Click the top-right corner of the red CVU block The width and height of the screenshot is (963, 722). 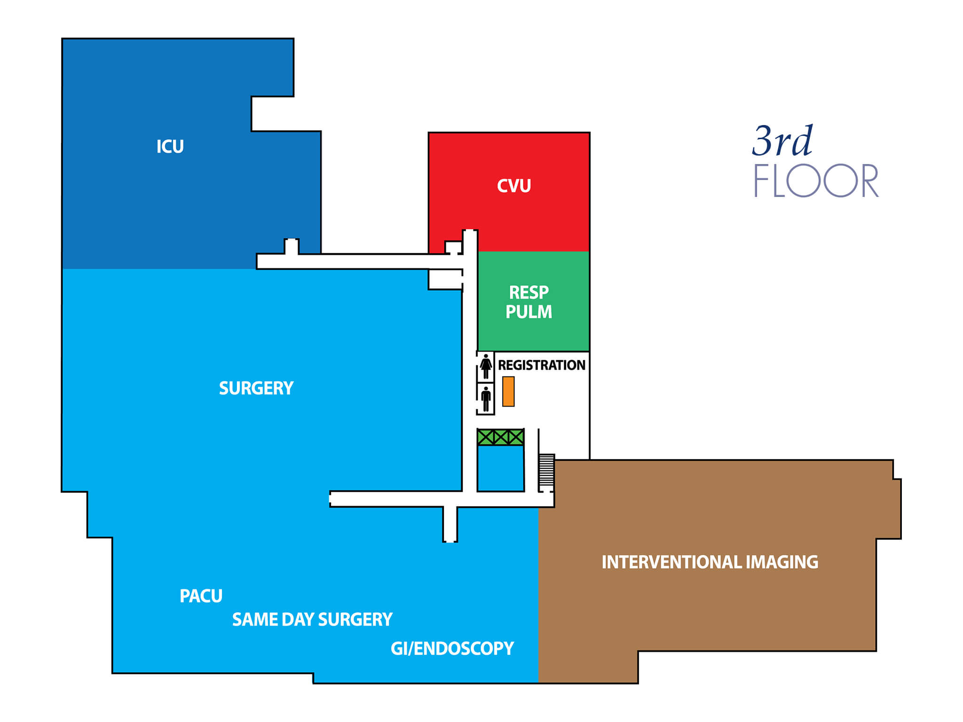point(589,133)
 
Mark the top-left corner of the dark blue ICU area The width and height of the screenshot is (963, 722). point(63,39)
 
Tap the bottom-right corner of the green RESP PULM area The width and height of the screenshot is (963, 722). point(589,351)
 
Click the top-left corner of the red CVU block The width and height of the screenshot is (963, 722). point(429,133)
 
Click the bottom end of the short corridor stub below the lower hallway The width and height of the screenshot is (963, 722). point(450,541)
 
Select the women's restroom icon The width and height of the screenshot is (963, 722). point(486,367)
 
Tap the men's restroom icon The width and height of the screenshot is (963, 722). point(486,399)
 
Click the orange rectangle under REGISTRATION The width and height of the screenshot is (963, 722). point(508,391)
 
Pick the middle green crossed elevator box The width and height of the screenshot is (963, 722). point(501,437)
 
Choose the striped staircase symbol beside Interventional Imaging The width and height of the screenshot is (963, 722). point(546,471)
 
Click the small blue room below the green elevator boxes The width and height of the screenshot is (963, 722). point(501,469)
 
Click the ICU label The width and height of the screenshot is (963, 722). point(170,147)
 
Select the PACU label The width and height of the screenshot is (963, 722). point(201,596)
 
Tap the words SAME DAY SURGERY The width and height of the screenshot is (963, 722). point(312,620)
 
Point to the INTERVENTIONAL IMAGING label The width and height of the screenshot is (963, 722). point(710,562)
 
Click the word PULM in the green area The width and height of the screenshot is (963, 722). point(529,312)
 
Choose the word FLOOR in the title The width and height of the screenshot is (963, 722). point(816,180)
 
